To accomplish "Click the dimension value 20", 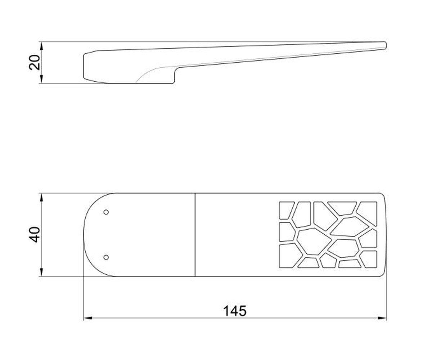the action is pyautogui.click(x=35, y=62).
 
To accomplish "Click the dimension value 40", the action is pyautogui.click(x=35, y=235).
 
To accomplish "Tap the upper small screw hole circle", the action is pyautogui.click(x=106, y=212).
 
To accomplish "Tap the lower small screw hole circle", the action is pyautogui.click(x=106, y=257).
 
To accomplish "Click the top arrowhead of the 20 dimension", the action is pyautogui.click(x=42, y=46).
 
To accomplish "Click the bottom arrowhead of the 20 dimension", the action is pyautogui.click(x=42, y=79).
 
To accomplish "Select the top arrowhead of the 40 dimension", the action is pyautogui.click(x=42, y=197).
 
